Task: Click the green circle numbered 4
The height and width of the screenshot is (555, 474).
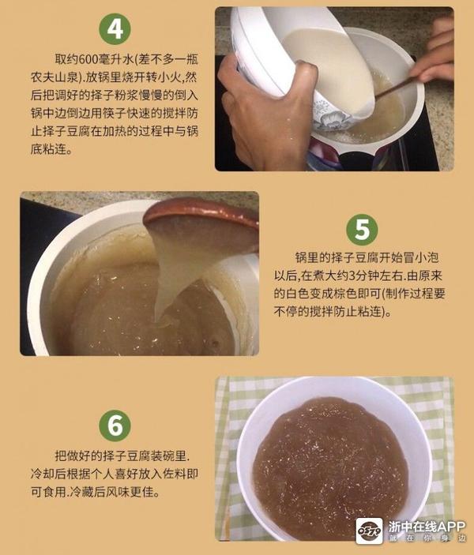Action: pyautogui.click(x=115, y=28)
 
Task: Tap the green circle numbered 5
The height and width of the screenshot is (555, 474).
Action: pyautogui.click(x=362, y=230)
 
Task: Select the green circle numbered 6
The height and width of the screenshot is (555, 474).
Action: pyautogui.click(x=115, y=426)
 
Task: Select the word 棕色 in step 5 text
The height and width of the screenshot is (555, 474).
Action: pyautogui.click(x=356, y=294)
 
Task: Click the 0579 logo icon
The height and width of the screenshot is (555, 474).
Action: pyautogui.click(x=370, y=531)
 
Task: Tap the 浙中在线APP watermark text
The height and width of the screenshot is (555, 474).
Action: pyautogui.click(x=427, y=527)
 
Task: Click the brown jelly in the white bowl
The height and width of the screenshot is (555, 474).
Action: pyautogui.click(x=330, y=467)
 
